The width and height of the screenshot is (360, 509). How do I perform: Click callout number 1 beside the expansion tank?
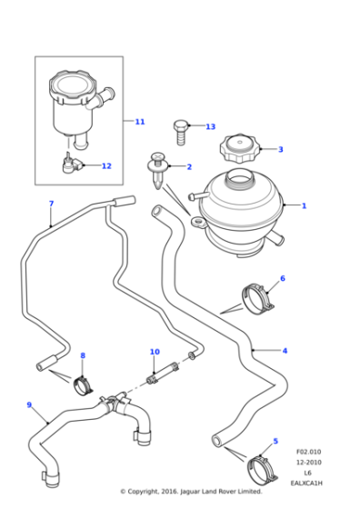[304, 206]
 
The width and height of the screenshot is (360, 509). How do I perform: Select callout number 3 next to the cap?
[280, 150]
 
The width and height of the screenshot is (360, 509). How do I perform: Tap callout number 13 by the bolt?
[210, 127]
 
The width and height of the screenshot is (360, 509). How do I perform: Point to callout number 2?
[189, 167]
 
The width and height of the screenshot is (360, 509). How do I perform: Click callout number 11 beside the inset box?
[139, 122]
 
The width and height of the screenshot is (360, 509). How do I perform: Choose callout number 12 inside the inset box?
[106, 166]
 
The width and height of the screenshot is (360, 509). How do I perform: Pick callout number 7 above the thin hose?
[51, 204]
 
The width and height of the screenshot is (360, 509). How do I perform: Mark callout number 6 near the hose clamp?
[282, 279]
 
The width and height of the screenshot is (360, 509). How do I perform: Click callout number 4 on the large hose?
[285, 351]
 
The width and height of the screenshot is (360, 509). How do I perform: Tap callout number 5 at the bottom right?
[276, 442]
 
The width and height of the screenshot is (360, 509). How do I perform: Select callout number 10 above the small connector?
[155, 352]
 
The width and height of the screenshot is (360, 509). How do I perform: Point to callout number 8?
[83, 356]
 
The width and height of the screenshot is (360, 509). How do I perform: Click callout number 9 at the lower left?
[29, 405]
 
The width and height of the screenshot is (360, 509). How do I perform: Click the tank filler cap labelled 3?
[239, 147]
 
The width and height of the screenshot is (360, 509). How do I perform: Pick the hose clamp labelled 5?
[260, 469]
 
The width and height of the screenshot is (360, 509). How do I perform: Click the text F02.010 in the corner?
[308, 452]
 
